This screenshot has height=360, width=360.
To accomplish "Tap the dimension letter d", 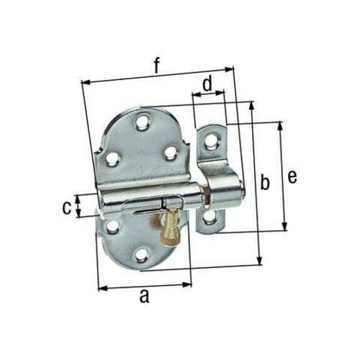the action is point(208,83).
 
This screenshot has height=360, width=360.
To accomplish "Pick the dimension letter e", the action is point(292,177).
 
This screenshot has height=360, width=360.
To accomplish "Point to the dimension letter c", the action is point(67,208).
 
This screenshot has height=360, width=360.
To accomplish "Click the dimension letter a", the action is point(144,295).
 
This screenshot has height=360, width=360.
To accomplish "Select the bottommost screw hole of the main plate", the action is point(141,255).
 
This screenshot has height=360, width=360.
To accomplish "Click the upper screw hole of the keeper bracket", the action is point(211,141).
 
